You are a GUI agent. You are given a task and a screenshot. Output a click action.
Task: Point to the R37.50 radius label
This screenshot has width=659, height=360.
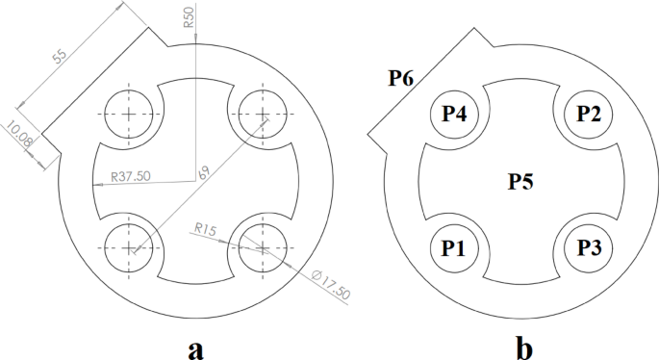(130, 176)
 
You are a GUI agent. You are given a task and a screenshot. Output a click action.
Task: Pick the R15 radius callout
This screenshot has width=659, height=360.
(203, 229)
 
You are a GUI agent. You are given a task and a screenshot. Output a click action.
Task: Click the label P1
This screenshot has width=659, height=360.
(454, 247)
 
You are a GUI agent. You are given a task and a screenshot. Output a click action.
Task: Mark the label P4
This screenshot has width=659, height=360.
(454, 114)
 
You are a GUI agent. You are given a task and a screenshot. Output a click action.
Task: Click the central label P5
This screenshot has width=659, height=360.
(522, 181)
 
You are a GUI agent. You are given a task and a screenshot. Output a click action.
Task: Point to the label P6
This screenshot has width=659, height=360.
(401, 77)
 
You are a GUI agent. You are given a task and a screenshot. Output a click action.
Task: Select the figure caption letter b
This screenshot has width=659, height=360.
(522, 347)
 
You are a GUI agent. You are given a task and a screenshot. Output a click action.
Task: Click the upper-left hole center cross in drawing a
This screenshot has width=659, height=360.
(129, 114)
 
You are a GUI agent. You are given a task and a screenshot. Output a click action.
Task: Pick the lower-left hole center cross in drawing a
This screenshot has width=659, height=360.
(129, 247)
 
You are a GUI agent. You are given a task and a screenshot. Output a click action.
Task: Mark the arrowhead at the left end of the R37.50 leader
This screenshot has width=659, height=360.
(97, 183)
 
